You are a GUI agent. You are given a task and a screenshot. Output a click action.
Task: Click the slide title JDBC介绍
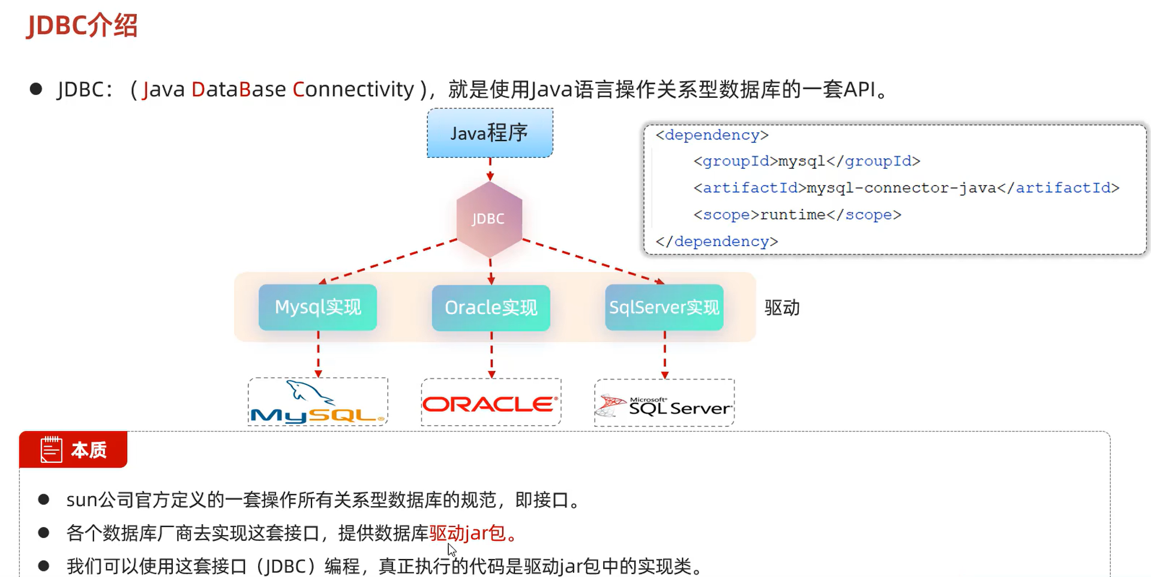pos(82,25)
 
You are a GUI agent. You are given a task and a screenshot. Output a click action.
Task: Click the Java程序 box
pos(490,133)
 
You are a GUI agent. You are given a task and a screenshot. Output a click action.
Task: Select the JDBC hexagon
pos(488,219)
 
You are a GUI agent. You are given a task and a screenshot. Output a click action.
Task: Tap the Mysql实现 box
pos(317,307)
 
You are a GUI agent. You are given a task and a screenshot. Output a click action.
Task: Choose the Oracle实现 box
pos(491,308)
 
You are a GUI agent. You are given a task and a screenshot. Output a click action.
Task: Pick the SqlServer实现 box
pos(664,307)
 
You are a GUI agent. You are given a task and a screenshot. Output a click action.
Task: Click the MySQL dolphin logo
pos(317,402)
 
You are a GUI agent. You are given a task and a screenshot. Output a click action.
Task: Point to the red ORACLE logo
pos(490,403)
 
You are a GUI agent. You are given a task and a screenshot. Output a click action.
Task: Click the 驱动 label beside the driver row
pos(781,308)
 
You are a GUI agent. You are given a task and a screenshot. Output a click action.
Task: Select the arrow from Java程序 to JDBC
pos(490,169)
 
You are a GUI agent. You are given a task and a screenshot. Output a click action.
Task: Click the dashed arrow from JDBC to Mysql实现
pos(389,261)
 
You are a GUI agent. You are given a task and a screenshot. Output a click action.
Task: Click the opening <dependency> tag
pos(712,135)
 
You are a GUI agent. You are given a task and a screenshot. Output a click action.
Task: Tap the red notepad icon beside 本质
pos(51,450)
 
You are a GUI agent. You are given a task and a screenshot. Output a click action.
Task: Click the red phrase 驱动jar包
pos(467,533)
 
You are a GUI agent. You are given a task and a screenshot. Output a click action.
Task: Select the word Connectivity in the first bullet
pos(353,89)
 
